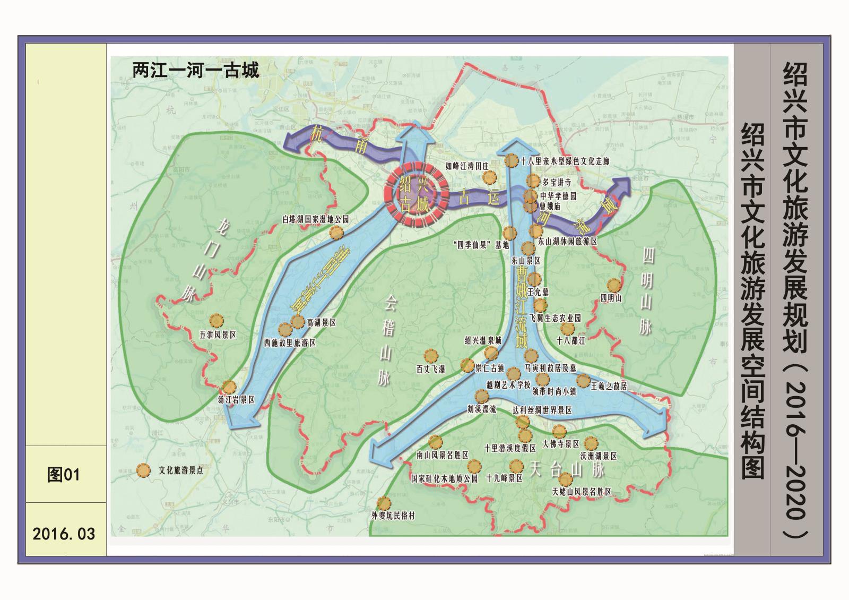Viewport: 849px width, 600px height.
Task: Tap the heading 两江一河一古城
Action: [x=196, y=70]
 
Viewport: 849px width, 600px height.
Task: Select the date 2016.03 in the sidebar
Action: [x=64, y=533]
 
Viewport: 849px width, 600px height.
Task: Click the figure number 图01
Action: [x=63, y=474]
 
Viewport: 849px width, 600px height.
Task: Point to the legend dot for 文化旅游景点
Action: [x=143, y=470]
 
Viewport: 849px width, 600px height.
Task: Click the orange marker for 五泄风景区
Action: [x=216, y=321]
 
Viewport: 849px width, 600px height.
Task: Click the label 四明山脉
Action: [x=646, y=291]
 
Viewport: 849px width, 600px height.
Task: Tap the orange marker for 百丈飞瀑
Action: [x=430, y=355]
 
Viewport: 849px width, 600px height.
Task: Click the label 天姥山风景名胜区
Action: [x=582, y=492]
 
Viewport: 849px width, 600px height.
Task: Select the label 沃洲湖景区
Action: [x=598, y=456]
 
